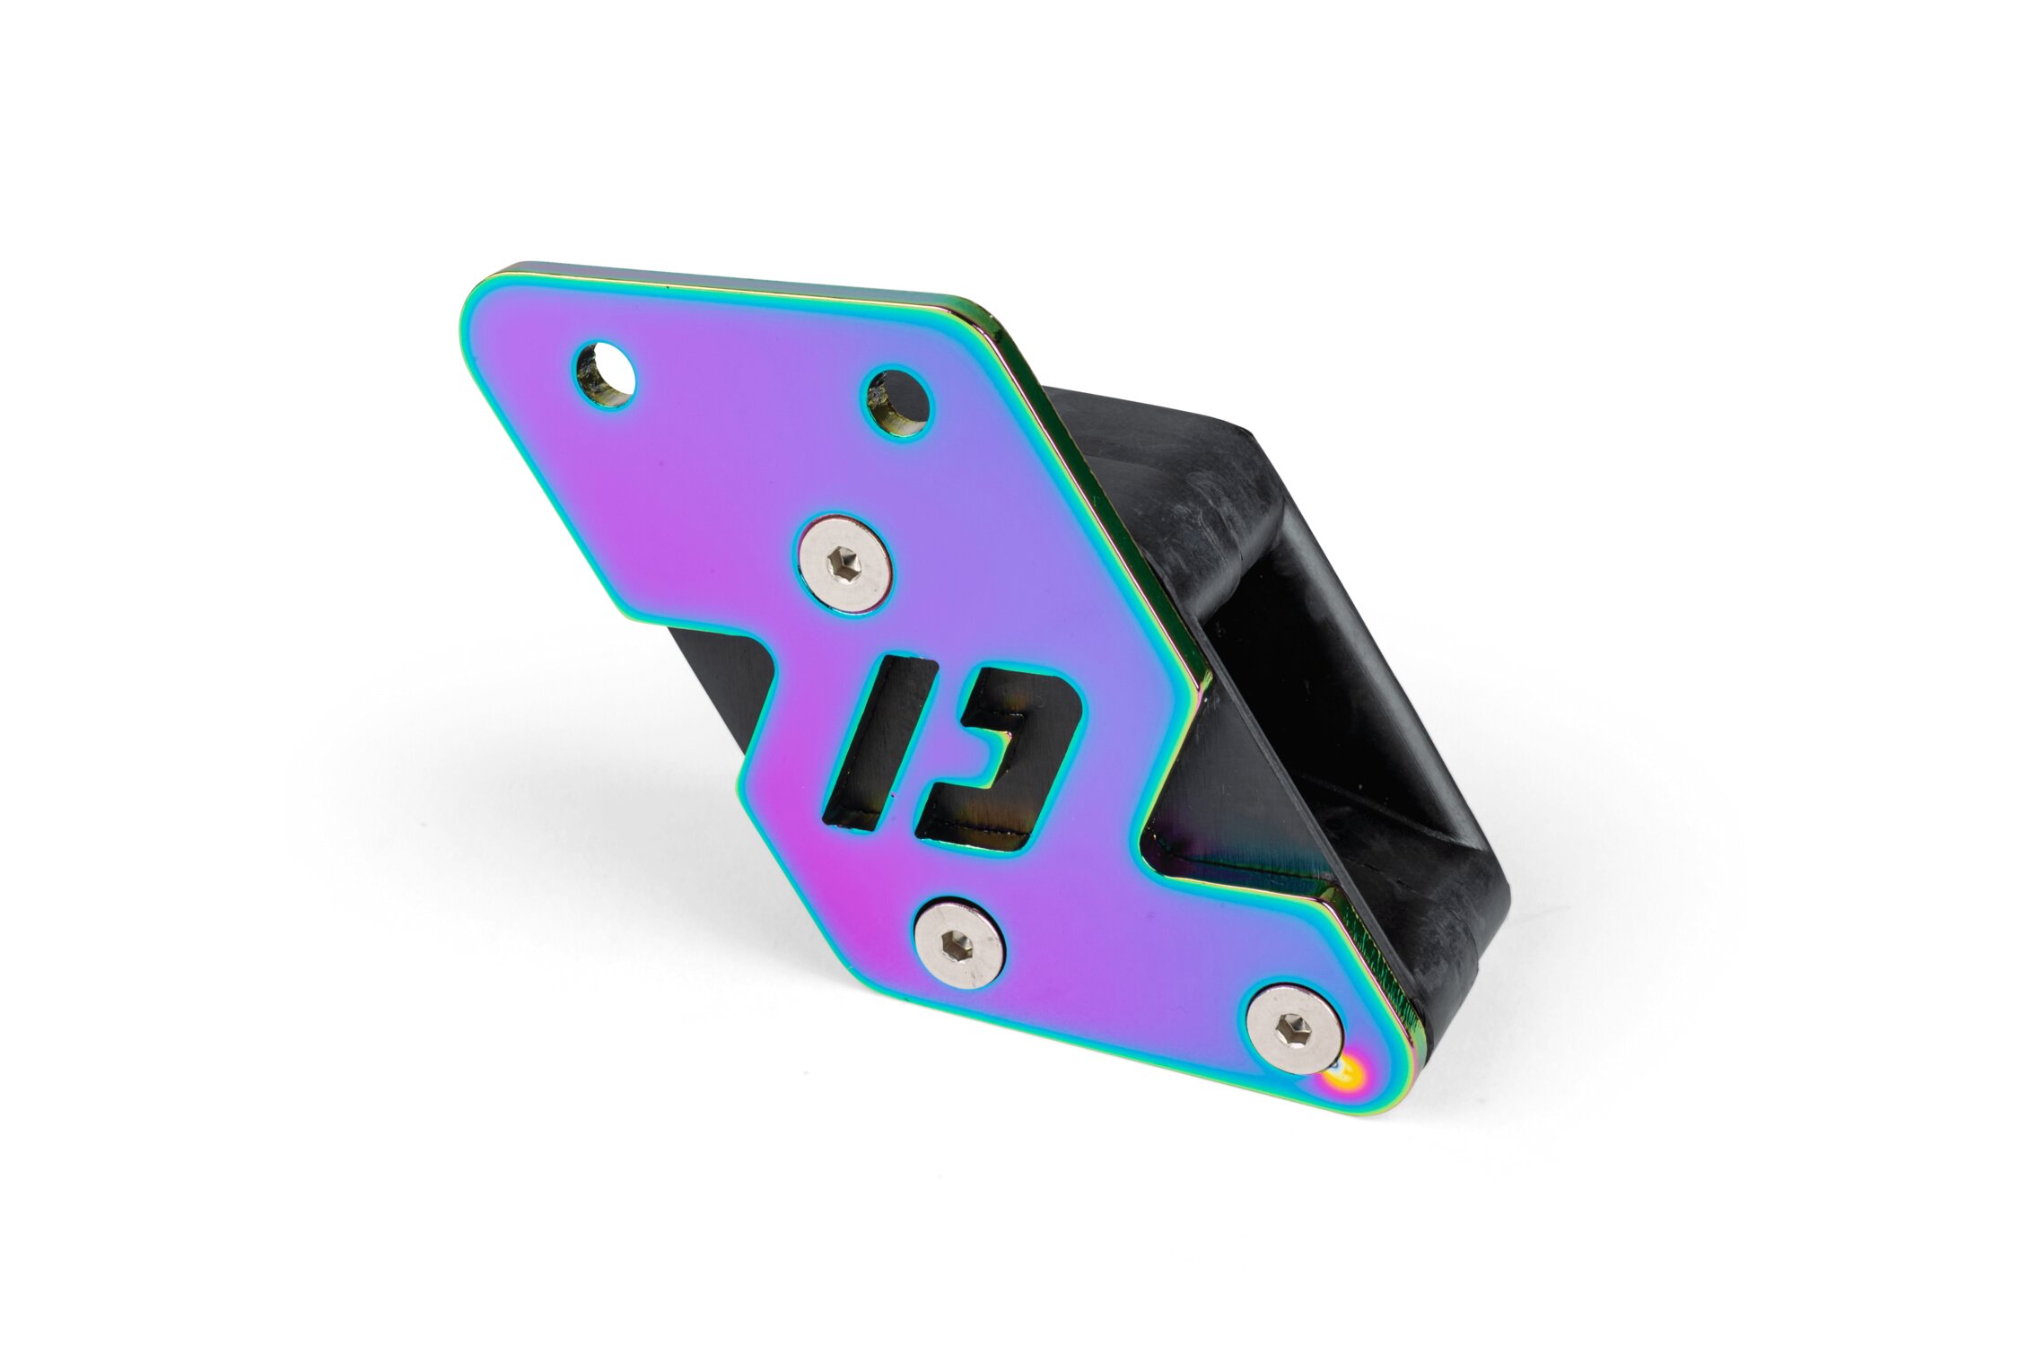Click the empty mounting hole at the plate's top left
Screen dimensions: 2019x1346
[x=604, y=373]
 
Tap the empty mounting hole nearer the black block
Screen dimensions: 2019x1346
[x=897, y=402]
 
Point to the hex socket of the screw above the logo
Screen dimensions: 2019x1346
[x=847, y=564]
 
